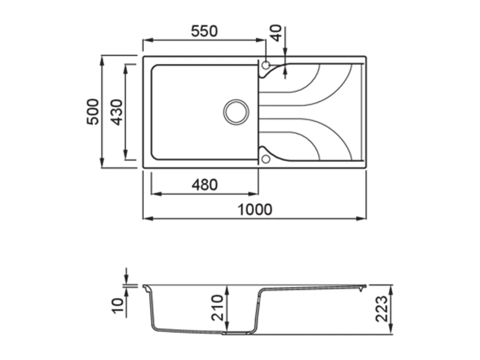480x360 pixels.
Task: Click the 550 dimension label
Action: pyautogui.click(x=204, y=31)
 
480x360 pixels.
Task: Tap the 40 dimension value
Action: pyautogui.click(x=276, y=33)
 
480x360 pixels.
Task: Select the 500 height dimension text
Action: pyautogui.click(x=93, y=112)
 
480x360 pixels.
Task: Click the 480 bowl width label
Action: pyautogui.click(x=204, y=185)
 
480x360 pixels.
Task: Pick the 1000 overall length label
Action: pyautogui.click(x=255, y=210)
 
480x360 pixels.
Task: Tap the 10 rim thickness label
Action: pyautogui.click(x=118, y=306)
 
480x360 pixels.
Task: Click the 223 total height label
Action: pyautogui.click(x=382, y=309)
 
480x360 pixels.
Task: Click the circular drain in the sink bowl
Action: pyautogui.click(x=236, y=112)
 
